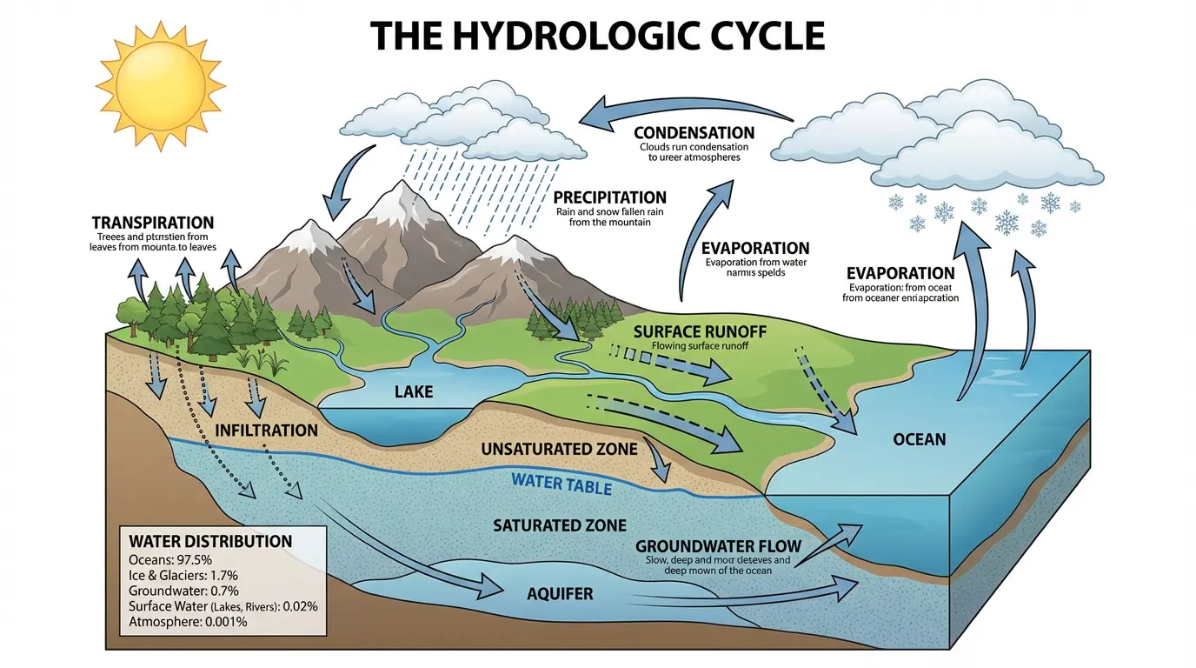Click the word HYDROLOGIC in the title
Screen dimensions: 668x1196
click(x=597, y=36)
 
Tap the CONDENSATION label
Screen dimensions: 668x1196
click(x=694, y=133)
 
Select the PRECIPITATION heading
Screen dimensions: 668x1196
click(x=609, y=197)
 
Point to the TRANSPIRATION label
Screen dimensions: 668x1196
click(x=152, y=223)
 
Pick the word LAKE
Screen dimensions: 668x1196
click(x=414, y=392)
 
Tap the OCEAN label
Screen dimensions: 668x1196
click(x=919, y=439)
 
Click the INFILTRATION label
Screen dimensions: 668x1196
click(x=266, y=431)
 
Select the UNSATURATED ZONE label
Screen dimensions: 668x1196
click(x=559, y=449)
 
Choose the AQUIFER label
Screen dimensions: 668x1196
click(x=560, y=595)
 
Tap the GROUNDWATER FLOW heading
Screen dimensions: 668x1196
click(x=718, y=546)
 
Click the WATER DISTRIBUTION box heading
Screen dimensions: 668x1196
click(x=210, y=541)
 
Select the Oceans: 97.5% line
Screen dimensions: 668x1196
click(x=170, y=559)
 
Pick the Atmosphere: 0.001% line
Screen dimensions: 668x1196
click(x=188, y=622)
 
